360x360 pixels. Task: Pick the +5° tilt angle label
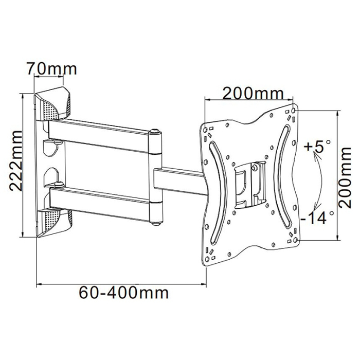(317, 148)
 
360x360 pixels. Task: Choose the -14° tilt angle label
(315, 219)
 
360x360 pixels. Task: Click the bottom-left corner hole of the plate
(206, 260)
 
